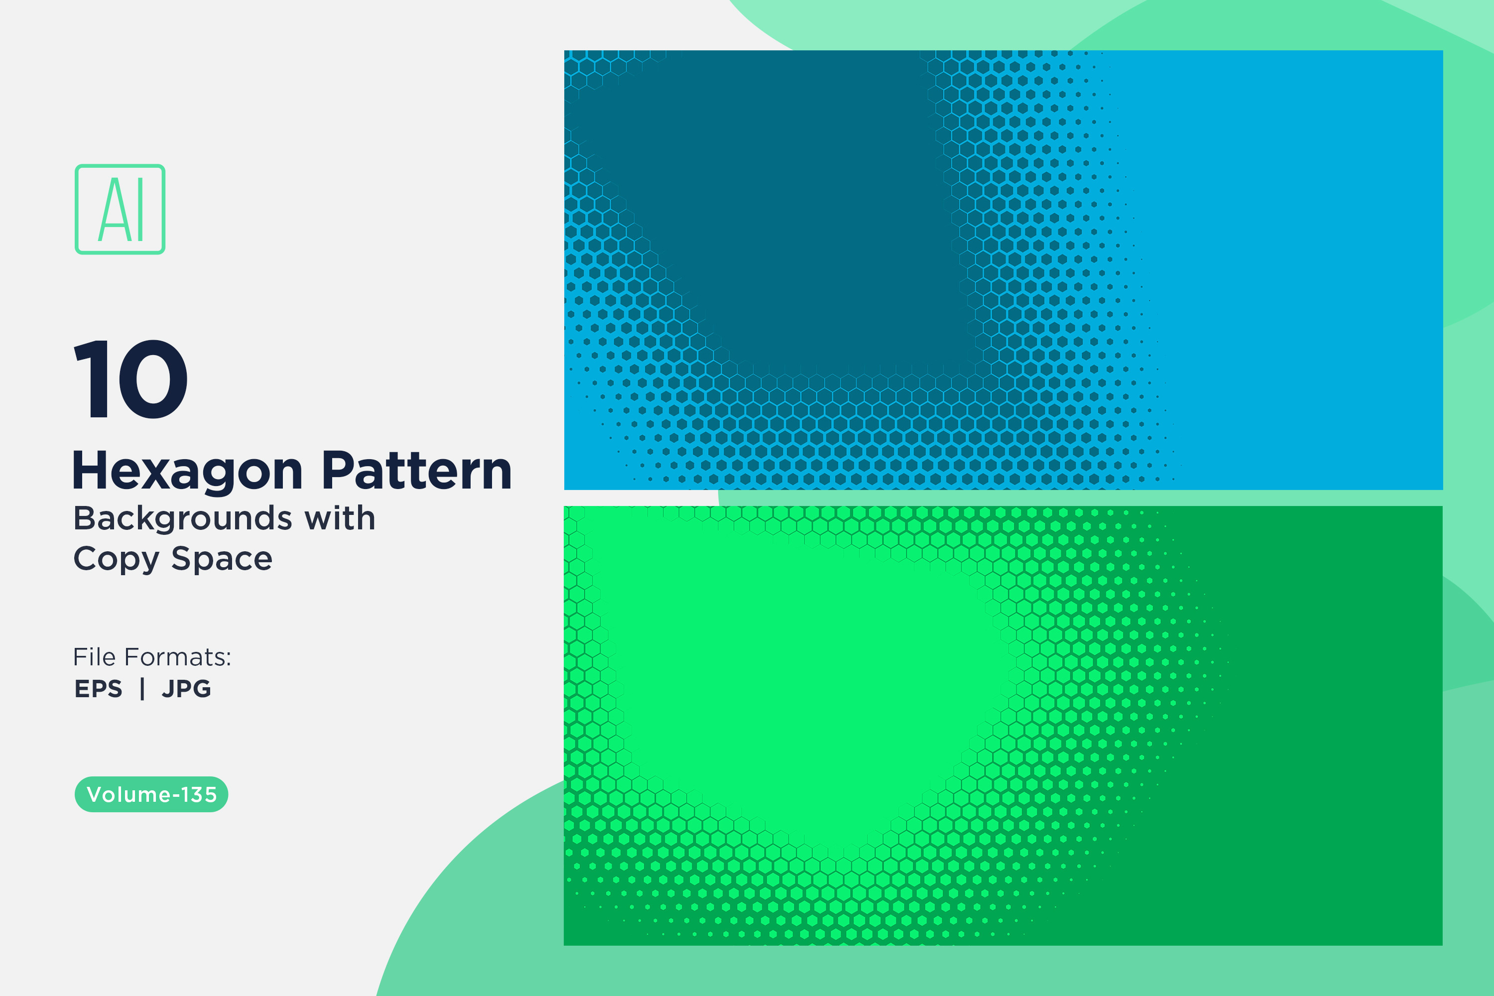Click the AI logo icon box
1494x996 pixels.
pyautogui.click(x=120, y=209)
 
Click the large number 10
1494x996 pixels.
pyautogui.click(x=131, y=379)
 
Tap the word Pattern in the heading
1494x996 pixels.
pyautogui.click(x=417, y=471)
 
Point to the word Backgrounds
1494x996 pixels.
pyautogui.click(x=183, y=519)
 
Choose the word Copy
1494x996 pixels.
pyautogui.click(x=116, y=560)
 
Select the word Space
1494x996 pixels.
pyautogui.click(x=222, y=560)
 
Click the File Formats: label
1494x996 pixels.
pyautogui.click(x=152, y=657)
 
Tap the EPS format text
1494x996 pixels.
pyautogui.click(x=99, y=689)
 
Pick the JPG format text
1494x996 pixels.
pyautogui.click(x=186, y=689)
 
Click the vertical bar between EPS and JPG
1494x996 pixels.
pyautogui.click(x=142, y=689)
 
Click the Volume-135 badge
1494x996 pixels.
pyautogui.click(x=151, y=794)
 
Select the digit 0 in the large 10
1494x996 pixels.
pyautogui.click(x=152, y=379)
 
